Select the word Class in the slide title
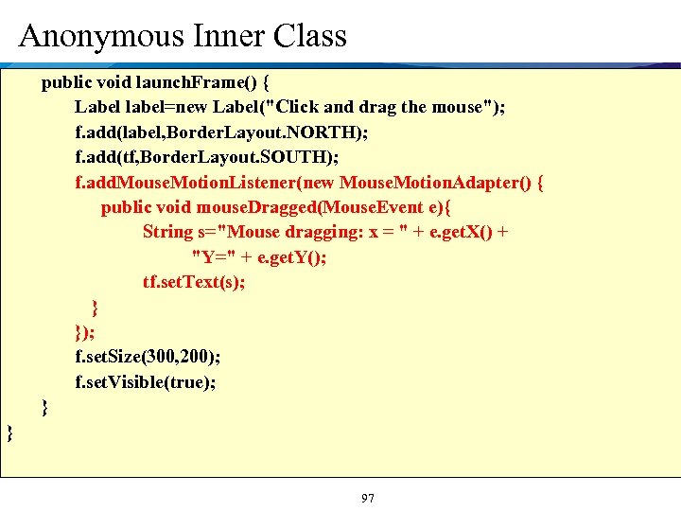click(x=309, y=36)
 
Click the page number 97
click(x=368, y=498)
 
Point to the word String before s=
click(x=167, y=232)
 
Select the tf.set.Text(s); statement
click(x=194, y=282)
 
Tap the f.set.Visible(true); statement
click(x=146, y=382)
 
